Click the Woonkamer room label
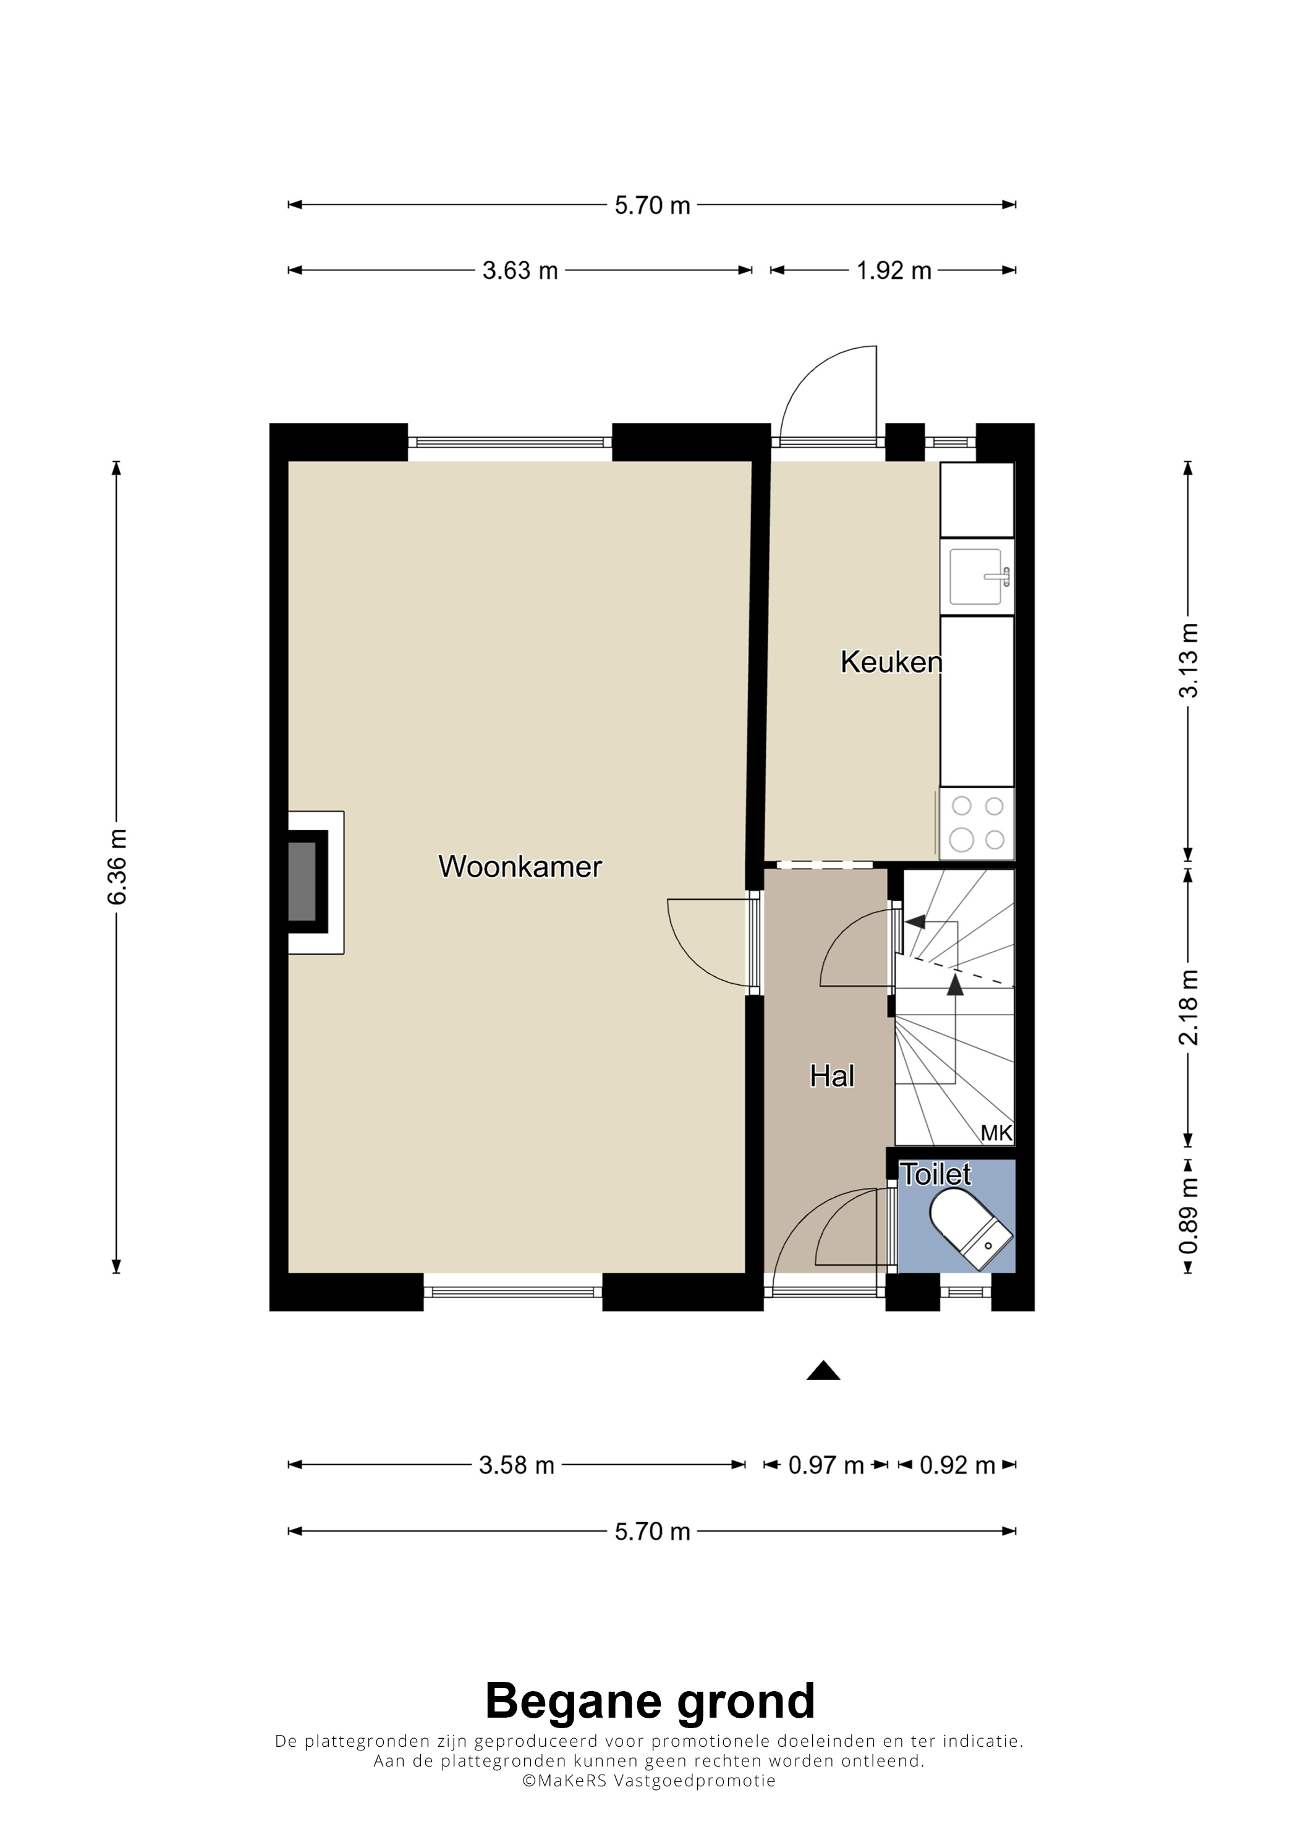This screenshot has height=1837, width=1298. pyautogui.click(x=520, y=866)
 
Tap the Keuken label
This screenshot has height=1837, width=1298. pyautogui.click(x=891, y=662)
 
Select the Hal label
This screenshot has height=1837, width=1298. pyautogui.click(x=832, y=1076)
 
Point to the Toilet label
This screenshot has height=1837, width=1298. pyautogui.click(x=936, y=1175)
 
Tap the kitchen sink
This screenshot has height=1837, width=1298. pyautogui.click(x=977, y=576)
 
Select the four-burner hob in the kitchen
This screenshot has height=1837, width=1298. pyautogui.click(x=977, y=824)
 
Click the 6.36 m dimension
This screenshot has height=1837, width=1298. pyautogui.click(x=117, y=867)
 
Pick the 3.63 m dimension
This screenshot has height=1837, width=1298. pyautogui.click(x=520, y=270)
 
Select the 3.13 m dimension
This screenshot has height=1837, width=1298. pyautogui.click(x=1189, y=660)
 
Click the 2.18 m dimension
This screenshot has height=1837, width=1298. pyautogui.click(x=1189, y=1007)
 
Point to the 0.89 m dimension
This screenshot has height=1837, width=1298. pyautogui.click(x=1189, y=1216)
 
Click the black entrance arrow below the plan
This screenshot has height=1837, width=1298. pyautogui.click(x=823, y=1371)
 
